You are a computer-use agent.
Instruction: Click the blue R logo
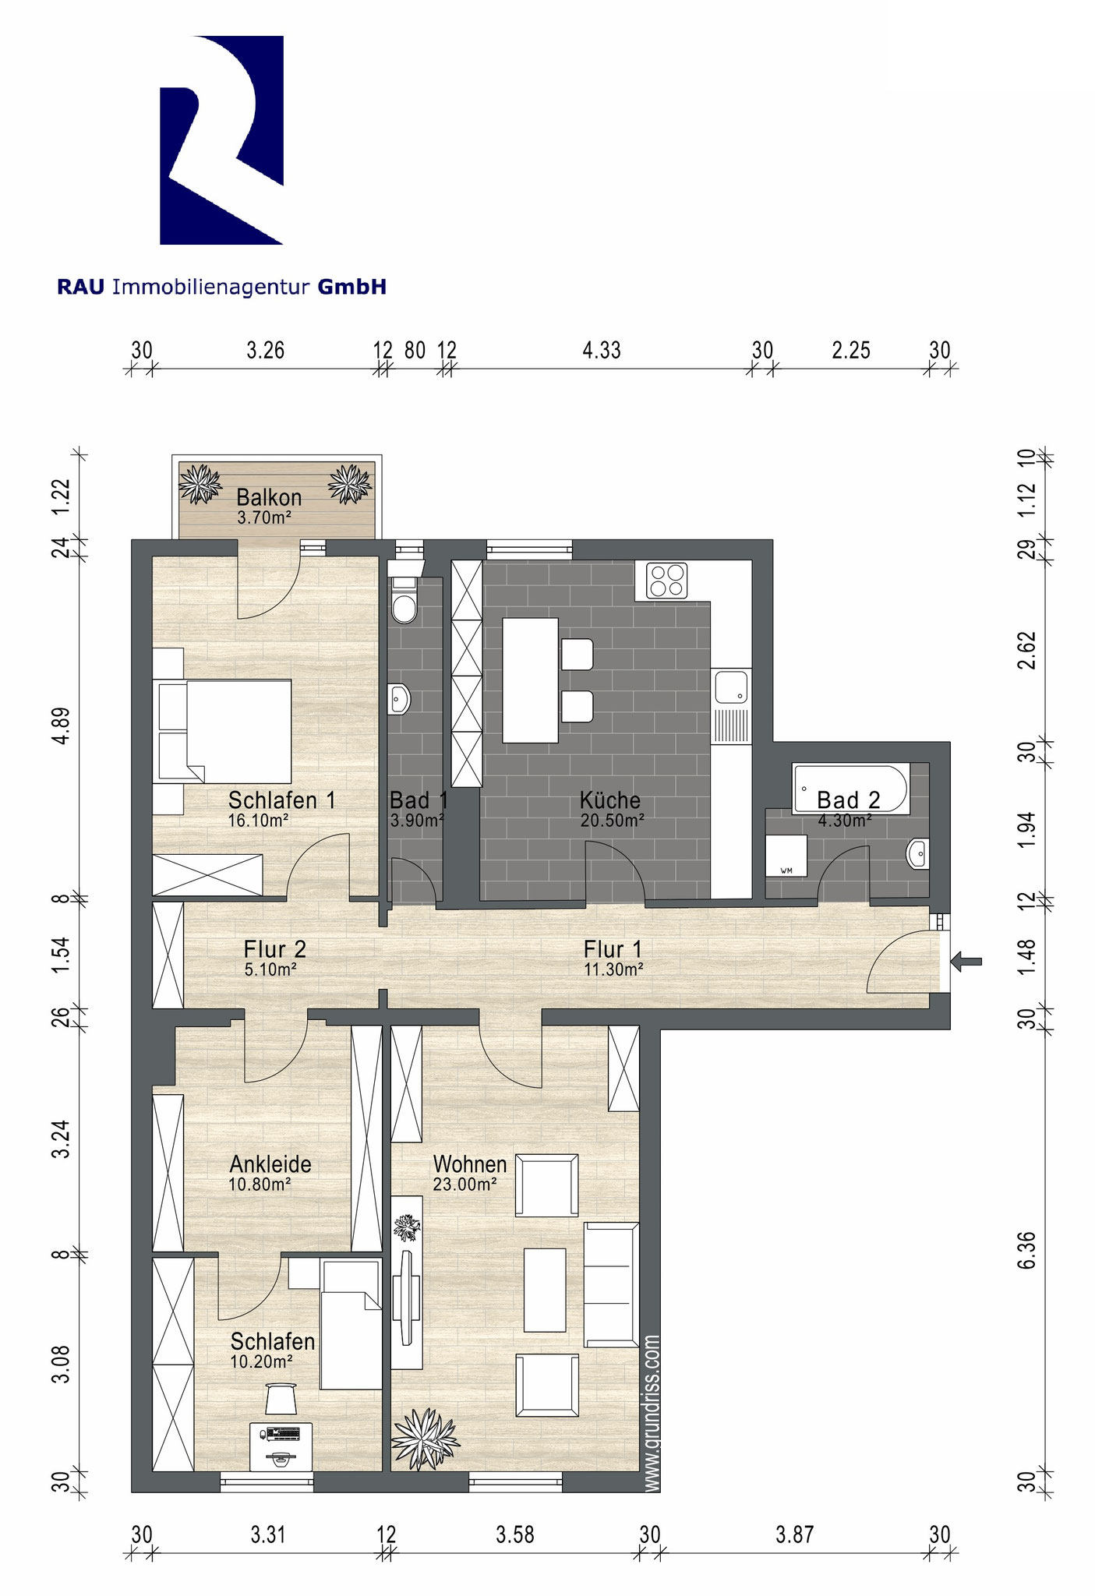click(x=221, y=140)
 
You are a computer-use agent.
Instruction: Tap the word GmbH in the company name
click(x=351, y=288)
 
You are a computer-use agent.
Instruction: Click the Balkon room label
click(x=269, y=497)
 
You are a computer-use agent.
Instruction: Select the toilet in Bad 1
click(x=404, y=599)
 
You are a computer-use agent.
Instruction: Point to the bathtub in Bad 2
click(x=850, y=788)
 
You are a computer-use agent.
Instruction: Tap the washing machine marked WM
click(x=786, y=856)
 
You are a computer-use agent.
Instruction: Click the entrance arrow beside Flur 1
click(x=966, y=962)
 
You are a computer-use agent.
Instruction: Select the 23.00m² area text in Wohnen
click(x=465, y=1184)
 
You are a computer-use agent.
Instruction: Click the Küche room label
click(x=609, y=800)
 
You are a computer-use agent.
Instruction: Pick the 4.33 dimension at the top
click(x=602, y=350)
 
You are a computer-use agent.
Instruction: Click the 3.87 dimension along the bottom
click(x=795, y=1534)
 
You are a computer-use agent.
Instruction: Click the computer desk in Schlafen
click(x=281, y=1445)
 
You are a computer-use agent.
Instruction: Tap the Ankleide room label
click(x=270, y=1164)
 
